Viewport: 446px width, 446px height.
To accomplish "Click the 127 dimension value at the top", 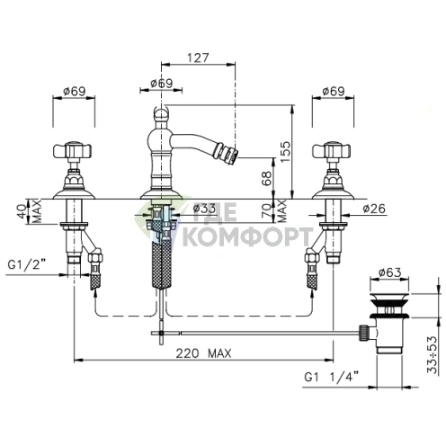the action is pos(198,58).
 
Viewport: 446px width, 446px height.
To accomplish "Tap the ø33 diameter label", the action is pos(204,209).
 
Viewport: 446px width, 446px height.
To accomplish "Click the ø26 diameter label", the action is pos(374,209).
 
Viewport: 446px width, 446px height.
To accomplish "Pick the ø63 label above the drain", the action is pos(389,272).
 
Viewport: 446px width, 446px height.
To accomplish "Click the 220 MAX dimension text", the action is pos(203,353).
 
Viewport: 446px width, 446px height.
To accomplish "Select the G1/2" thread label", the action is pos(27,264).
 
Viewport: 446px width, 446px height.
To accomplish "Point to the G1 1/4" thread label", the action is pos(332,377).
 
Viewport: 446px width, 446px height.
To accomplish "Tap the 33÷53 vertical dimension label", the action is pos(433,355).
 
